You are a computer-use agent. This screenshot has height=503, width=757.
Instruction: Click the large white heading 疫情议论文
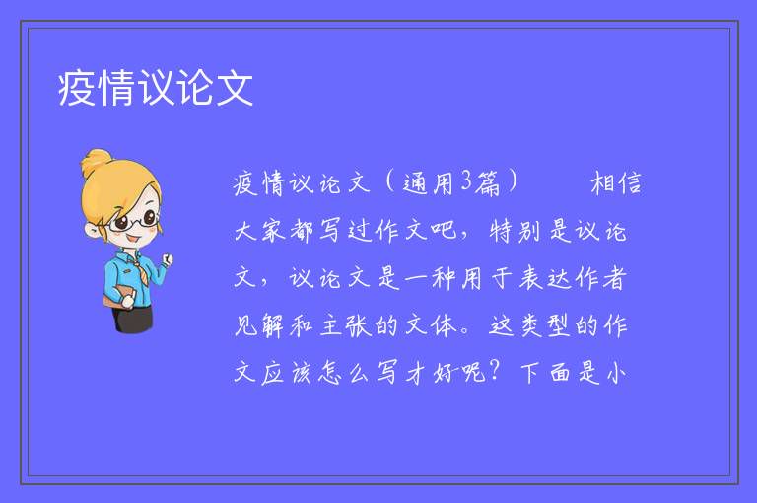pyautogui.click(x=156, y=88)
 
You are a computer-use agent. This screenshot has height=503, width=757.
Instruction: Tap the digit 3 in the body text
pyautogui.click(x=466, y=180)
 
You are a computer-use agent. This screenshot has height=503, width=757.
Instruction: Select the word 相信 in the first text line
pyautogui.click(x=616, y=182)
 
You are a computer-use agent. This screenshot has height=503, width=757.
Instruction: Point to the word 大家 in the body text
pyautogui.click(x=260, y=230)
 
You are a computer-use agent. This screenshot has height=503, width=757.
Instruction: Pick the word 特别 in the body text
pyautogui.click(x=516, y=230)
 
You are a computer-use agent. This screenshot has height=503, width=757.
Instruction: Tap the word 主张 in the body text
pyautogui.click(x=345, y=325)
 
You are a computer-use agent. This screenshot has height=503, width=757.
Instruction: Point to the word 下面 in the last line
pyautogui.click(x=545, y=373)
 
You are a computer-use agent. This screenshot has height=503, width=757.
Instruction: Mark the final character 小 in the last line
pyautogui.click(x=616, y=373)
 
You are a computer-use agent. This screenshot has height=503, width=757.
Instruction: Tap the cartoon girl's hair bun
pyautogui.click(x=97, y=162)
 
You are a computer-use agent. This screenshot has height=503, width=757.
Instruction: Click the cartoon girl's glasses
pyautogui.click(x=134, y=221)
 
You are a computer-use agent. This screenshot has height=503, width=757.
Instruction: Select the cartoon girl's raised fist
pyautogui.click(x=168, y=260)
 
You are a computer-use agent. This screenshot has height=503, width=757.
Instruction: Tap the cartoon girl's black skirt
pyautogui.click(x=133, y=319)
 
